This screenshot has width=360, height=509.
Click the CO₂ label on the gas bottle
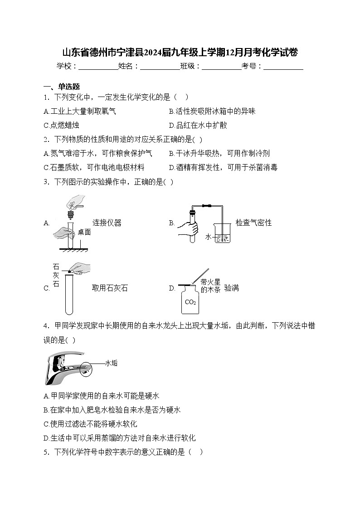click(x=190, y=302)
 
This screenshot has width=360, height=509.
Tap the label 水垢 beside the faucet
click(x=111, y=363)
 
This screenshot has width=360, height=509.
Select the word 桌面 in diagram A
click(x=84, y=232)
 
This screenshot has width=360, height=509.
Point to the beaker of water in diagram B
click(x=222, y=235)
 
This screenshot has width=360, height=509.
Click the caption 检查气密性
click(x=253, y=223)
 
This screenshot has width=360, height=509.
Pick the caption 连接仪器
click(x=107, y=223)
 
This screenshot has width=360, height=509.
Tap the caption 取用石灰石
click(x=110, y=288)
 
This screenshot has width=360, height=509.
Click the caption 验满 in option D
click(x=231, y=288)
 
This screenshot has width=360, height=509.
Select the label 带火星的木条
click(x=210, y=286)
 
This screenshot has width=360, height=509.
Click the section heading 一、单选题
click(x=62, y=87)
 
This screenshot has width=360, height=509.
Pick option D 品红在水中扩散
click(x=198, y=125)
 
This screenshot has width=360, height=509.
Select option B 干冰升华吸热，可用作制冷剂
click(x=219, y=154)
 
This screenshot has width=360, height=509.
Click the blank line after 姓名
click(x=160, y=67)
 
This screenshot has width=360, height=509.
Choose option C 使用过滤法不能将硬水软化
click(x=90, y=424)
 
